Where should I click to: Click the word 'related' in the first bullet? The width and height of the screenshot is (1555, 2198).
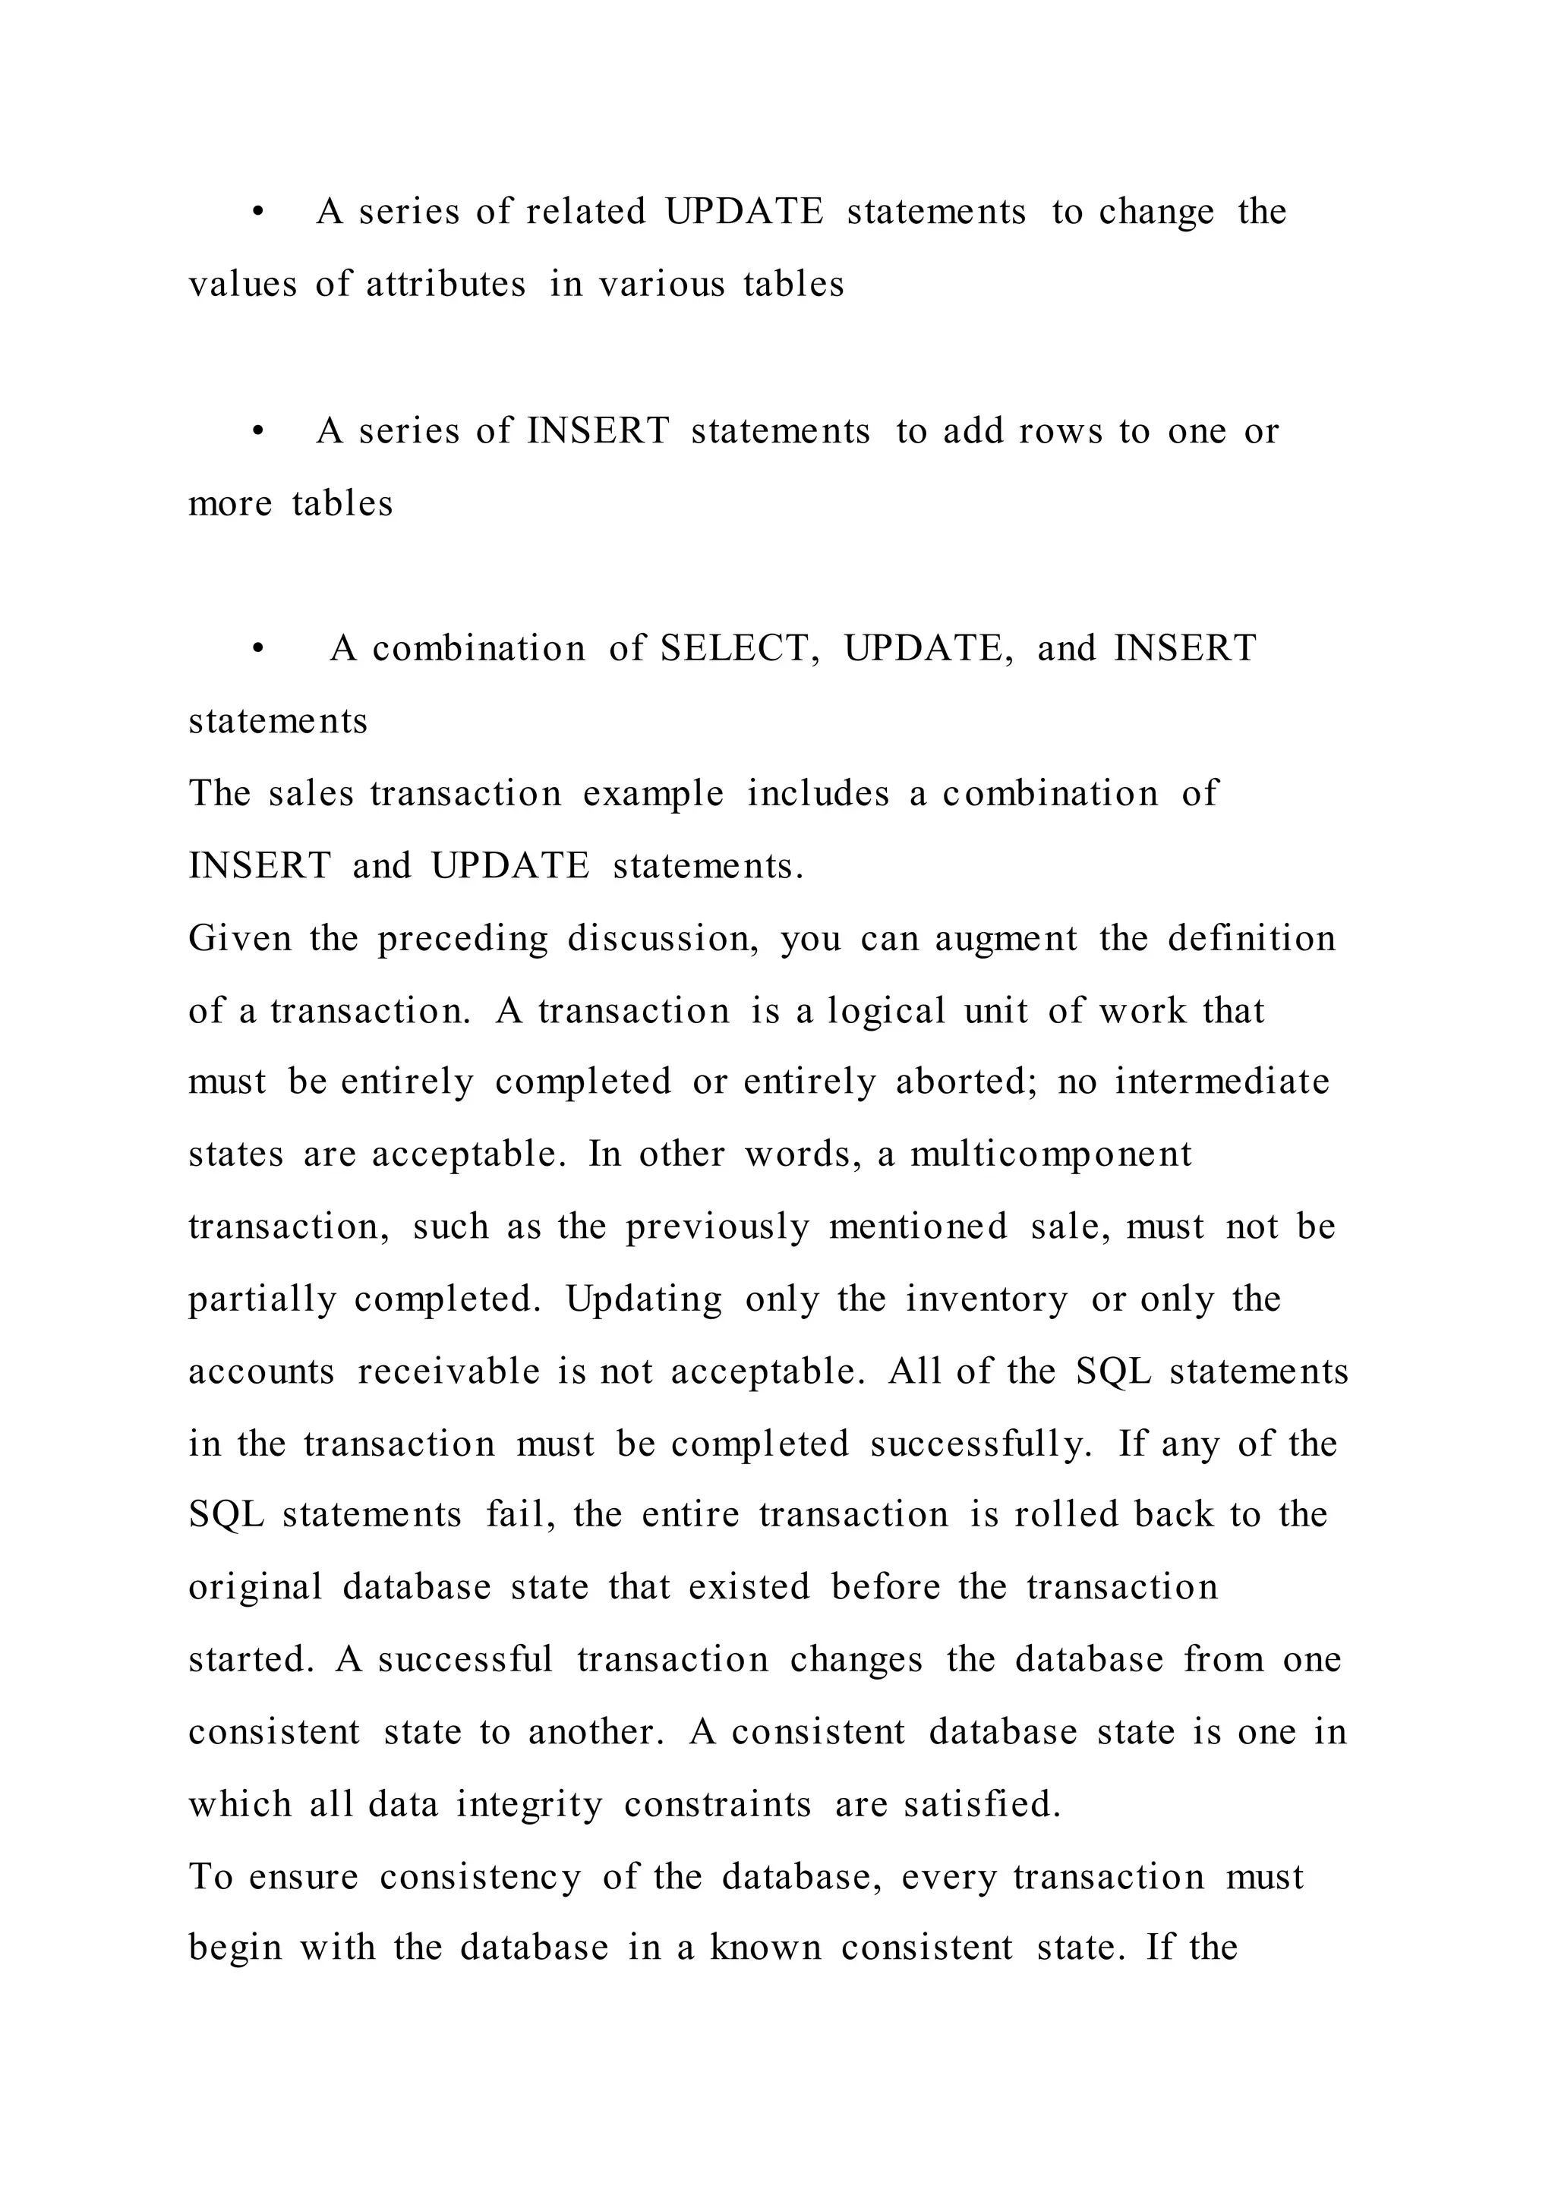(586, 212)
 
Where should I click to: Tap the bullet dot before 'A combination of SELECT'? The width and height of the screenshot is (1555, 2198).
(257, 649)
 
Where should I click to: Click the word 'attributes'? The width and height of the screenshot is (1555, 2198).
(446, 285)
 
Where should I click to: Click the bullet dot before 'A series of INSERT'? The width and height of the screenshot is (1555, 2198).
(257, 432)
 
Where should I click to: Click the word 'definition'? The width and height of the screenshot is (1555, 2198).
(1251, 938)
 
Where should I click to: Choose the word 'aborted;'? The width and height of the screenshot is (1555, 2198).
(966, 1082)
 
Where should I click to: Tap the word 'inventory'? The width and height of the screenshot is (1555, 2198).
(986, 1300)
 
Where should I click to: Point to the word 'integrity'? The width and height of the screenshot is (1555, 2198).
(529, 1805)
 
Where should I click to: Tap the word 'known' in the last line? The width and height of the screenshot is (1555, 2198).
(765, 1948)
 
